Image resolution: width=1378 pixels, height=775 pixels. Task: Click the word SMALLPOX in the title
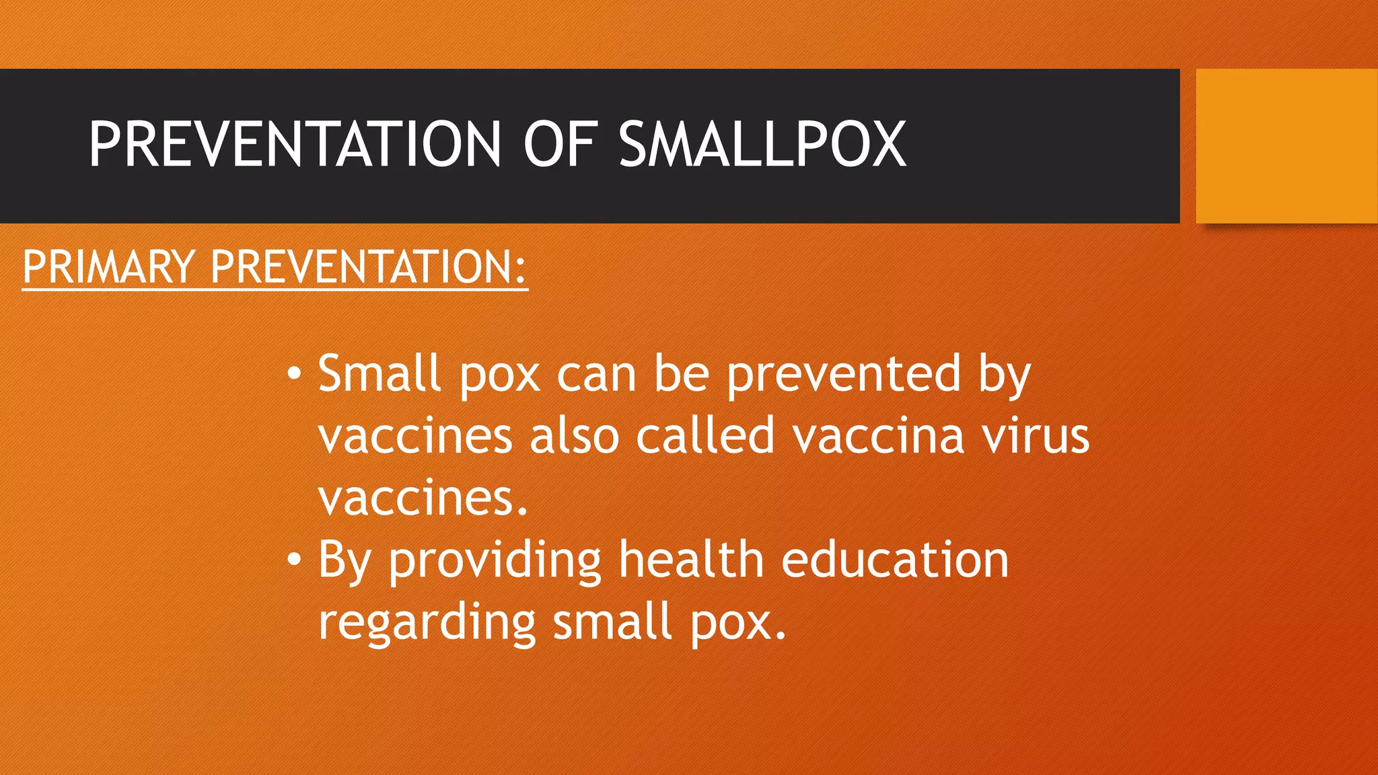point(762,144)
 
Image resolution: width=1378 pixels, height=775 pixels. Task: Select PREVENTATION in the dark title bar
point(295,144)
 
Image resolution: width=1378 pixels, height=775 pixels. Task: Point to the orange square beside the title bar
point(1286,145)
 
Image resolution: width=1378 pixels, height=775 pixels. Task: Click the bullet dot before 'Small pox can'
point(293,374)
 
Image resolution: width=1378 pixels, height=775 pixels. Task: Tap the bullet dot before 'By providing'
point(293,560)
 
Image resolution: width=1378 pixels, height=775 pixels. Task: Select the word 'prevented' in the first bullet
point(844,374)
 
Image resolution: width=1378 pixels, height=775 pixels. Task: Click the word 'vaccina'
point(879,436)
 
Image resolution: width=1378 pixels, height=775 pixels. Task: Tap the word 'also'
point(574,436)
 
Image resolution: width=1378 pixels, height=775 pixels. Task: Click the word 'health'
point(691,560)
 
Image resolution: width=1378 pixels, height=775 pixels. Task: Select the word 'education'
point(895,560)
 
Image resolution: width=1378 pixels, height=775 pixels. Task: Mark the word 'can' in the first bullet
point(596,375)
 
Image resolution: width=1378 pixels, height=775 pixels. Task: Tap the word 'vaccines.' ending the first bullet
point(423,499)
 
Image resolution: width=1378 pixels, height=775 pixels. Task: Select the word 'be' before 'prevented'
point(682,374)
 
